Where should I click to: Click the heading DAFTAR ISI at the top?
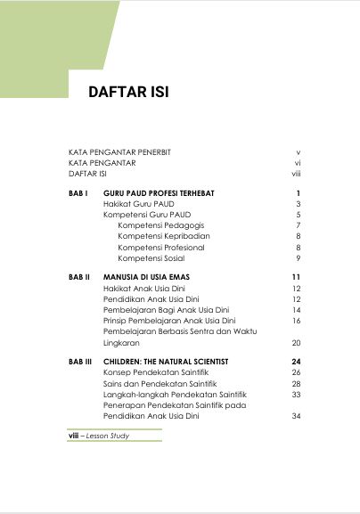tap(128, 93)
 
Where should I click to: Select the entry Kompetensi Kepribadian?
tap(164, 236)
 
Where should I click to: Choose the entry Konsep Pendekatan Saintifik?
tap(154, 372)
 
